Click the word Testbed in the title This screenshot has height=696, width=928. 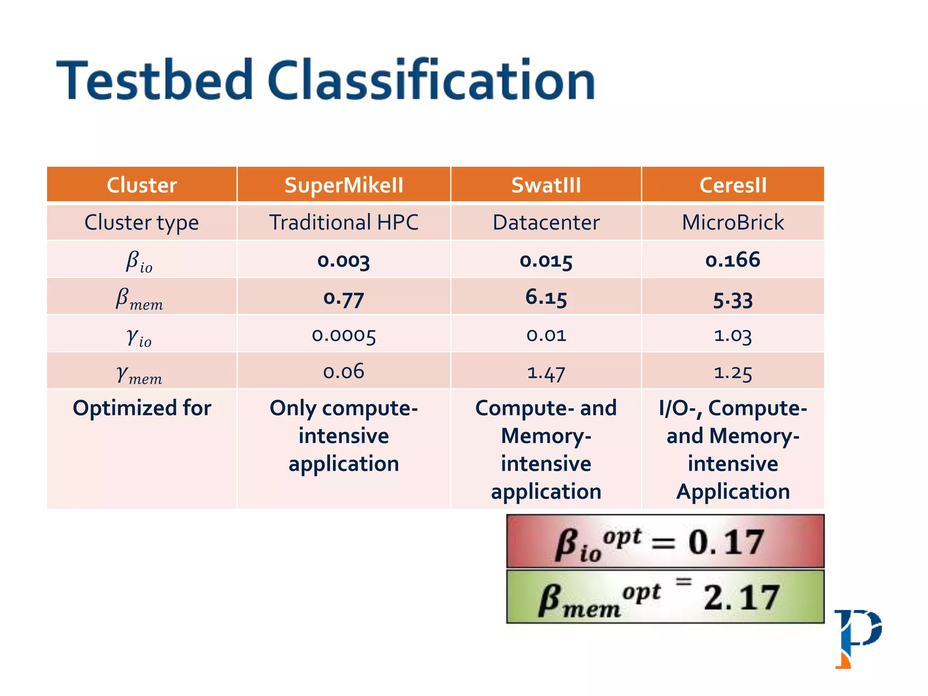coord(154,81)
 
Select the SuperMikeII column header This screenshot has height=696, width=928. coord(343,185)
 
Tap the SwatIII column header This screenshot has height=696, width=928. coord(546,185)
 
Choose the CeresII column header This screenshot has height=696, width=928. coord(733,185)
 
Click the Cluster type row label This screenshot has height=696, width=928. coord(141,222)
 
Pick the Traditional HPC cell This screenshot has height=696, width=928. coord(343,222)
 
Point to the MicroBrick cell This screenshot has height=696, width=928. coord(733,222)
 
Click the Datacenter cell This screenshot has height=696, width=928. coord(546,222)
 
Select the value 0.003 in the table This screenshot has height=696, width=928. coord(343,261)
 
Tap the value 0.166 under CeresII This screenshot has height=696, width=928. coord(733,260)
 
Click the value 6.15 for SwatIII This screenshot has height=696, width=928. coord(546,298)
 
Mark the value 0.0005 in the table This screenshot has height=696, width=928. coord(343,335)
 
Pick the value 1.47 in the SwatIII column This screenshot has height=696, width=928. coord(546,372)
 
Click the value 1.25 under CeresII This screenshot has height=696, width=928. coord(733,372)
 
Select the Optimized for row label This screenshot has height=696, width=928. coord(141,408)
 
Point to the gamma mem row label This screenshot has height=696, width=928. coord(140,374)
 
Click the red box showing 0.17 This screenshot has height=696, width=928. coord(665,541)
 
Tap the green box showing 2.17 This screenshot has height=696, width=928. coord(665,597)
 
